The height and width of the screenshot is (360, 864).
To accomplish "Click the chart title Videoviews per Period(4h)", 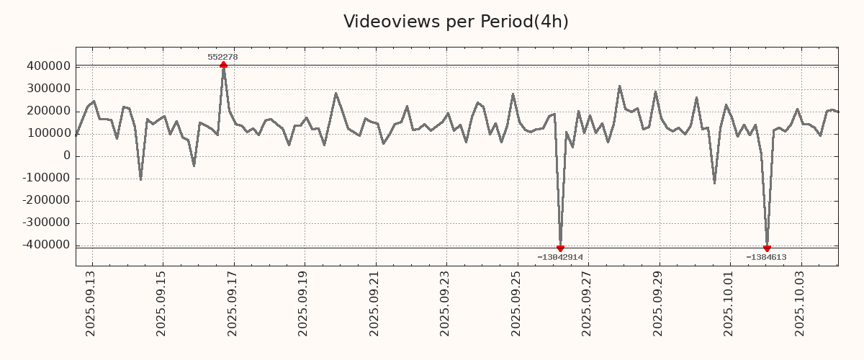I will tap(456, 22).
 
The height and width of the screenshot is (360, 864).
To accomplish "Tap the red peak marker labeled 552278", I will tap(223, 65).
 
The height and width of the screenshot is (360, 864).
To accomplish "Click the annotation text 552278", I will tap(222, 57).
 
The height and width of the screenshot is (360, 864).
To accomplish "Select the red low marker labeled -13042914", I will tap(560, 248).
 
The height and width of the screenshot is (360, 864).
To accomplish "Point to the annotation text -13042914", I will tap(560, 257).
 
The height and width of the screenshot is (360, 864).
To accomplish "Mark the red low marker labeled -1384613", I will tap(767, 248).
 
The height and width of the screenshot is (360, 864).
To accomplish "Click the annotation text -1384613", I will tap(766, 257).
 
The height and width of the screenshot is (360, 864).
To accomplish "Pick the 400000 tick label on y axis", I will tap(48, 66).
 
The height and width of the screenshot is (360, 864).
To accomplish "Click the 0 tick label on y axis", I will tap(66, 156).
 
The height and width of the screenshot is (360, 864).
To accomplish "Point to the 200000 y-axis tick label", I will tap(48, 111).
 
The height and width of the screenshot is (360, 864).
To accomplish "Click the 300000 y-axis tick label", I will tap(48, 89).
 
